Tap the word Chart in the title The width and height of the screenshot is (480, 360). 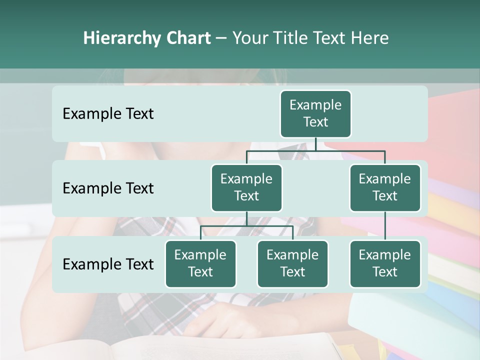(187, 38)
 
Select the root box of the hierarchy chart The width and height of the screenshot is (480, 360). (315, 114)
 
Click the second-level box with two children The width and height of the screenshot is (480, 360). (246, 188)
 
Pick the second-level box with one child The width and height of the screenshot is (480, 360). (385, 188)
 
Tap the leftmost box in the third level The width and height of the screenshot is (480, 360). (200, 264)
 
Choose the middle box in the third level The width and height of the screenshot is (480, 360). (292, 264)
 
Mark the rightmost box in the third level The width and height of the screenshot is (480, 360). (385, 264)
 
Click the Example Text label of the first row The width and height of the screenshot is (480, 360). (108, 114)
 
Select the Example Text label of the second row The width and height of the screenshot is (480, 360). (108, 188)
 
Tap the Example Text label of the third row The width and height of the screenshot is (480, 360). (108, 264)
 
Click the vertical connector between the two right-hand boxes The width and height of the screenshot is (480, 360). (385, 226)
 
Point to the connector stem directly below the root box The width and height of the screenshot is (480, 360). (315, 144)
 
